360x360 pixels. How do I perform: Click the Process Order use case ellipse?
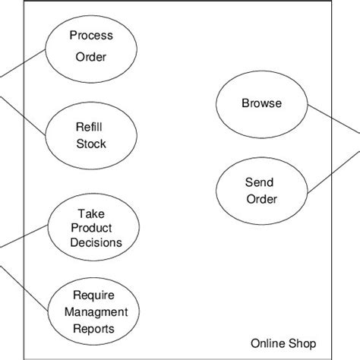91,46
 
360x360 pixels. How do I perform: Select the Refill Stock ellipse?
91,136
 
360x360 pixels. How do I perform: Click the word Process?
91,35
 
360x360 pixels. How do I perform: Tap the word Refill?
91,128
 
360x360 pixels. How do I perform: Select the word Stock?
91,144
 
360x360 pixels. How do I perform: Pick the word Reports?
93,328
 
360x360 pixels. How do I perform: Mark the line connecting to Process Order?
23,64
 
